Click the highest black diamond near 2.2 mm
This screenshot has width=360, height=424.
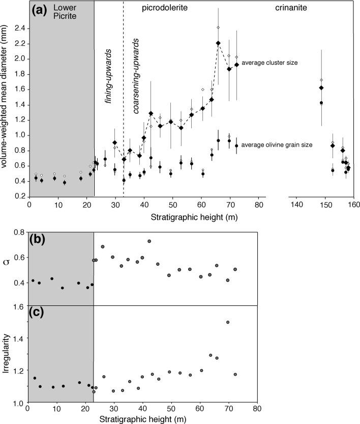point(218,43)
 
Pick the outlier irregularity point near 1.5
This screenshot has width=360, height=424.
point(228,322)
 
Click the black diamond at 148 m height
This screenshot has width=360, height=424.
point(321,88)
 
